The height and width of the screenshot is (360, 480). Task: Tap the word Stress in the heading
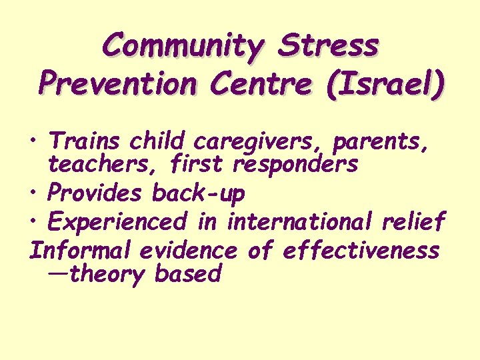point(329,47)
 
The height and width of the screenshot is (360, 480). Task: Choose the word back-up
point(198,194)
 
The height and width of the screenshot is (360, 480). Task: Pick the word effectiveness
point(361,251)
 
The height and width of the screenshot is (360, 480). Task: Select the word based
point(188,273)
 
